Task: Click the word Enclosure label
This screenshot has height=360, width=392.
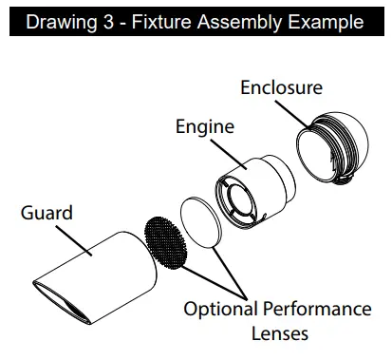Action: [281, 88]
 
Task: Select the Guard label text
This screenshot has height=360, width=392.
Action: [47, 212]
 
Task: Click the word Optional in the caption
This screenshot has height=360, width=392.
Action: [220, 310]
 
